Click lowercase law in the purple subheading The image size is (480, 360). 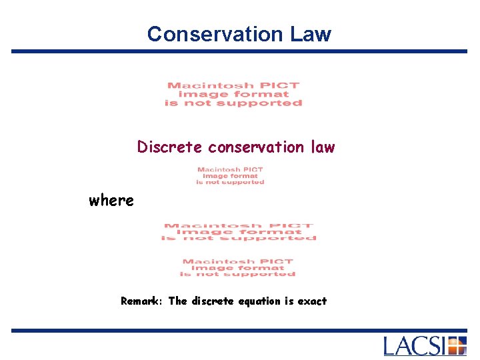322,147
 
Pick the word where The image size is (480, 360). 111,200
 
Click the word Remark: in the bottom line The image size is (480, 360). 142,301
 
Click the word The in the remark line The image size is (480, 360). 178,301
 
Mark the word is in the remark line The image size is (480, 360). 289,301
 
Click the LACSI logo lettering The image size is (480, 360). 415,346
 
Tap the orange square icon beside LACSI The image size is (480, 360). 457,346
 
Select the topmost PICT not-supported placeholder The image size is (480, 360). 233,94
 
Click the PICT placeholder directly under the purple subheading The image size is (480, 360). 230,175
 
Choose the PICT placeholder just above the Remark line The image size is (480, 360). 238,268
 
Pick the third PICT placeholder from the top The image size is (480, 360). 239,232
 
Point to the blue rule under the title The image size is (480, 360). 240,51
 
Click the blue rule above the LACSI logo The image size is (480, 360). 240,330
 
